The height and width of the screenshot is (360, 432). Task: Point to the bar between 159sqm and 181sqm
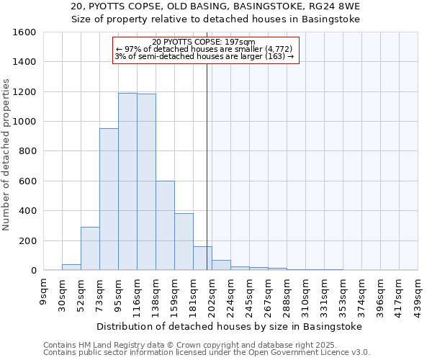[184, 242]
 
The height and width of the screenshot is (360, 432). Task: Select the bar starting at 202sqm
[221, 265]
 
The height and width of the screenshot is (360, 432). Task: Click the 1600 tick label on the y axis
[24, 32]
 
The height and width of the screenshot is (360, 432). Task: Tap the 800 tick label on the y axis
[27, 151]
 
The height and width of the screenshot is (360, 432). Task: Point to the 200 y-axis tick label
[27, 240]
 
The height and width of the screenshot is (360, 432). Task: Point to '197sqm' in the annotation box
[240, 42]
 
